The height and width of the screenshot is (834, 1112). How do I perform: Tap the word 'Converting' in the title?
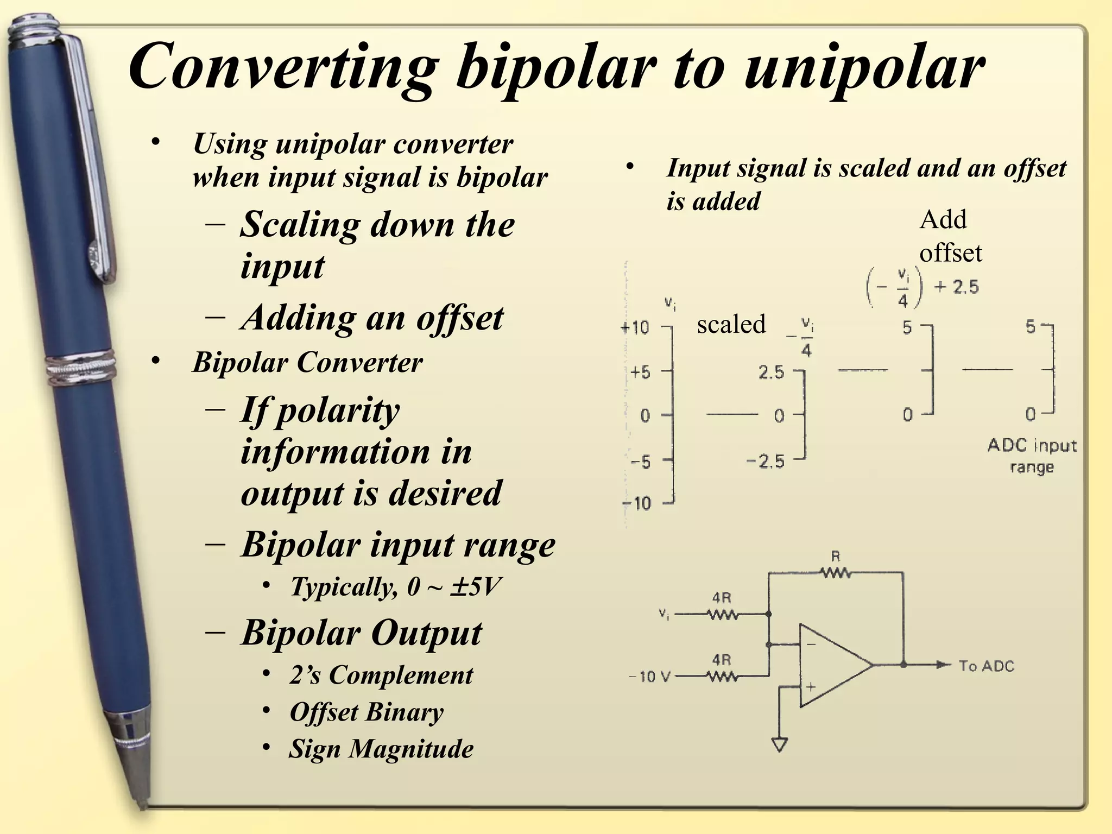click(x=283, y=68)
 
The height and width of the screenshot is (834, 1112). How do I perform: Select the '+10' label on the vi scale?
click(x=635, y=327)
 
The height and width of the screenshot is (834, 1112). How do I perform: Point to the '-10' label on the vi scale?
click(x=636, y=503)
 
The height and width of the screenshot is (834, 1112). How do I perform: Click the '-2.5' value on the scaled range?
click(x=766, y=462)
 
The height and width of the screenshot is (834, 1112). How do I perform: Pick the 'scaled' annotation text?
click(x=731, y=324)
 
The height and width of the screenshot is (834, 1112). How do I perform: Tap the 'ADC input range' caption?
click(x=1032, y=456)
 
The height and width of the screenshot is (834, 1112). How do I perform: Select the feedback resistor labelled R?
click(x=835, y=572)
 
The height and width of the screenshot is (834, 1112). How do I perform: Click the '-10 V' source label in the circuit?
click(x=649, y=677)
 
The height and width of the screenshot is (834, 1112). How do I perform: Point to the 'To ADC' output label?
click(x=986, y=666)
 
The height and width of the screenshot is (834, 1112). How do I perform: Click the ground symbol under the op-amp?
click(x=780, y=744)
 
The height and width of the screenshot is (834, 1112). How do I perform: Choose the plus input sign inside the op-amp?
click(x=811, y=687)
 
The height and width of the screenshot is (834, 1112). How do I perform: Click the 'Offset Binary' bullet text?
click(x=367, y=712)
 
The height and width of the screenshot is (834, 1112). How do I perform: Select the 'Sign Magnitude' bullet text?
click(x=381, y=749)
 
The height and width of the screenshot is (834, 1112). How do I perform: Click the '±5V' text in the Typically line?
click(x=475, y=586)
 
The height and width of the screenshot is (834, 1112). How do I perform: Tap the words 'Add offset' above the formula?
click(x=950, y=236)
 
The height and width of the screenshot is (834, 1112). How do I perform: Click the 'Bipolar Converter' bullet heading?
click(x=307, y=362)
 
